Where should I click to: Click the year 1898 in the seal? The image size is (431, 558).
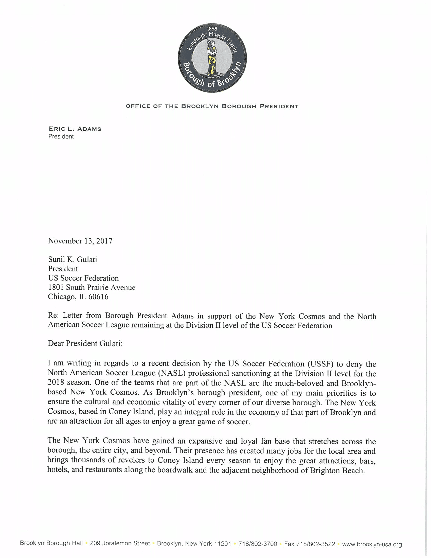pos(212,29)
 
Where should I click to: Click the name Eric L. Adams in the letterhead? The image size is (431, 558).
pos(75,129)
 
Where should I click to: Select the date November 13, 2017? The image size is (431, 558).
pos(80,241)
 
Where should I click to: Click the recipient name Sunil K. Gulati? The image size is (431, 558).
pos(73,259)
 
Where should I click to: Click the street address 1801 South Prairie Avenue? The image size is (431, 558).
pos(92,287)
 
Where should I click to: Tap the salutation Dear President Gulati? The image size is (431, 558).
pos(85,343)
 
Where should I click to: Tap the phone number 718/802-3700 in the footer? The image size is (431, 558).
pos(258,544)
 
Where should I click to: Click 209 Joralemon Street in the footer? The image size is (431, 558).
pos(120,543)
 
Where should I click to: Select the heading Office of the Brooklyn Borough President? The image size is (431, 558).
pos(212,106)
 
